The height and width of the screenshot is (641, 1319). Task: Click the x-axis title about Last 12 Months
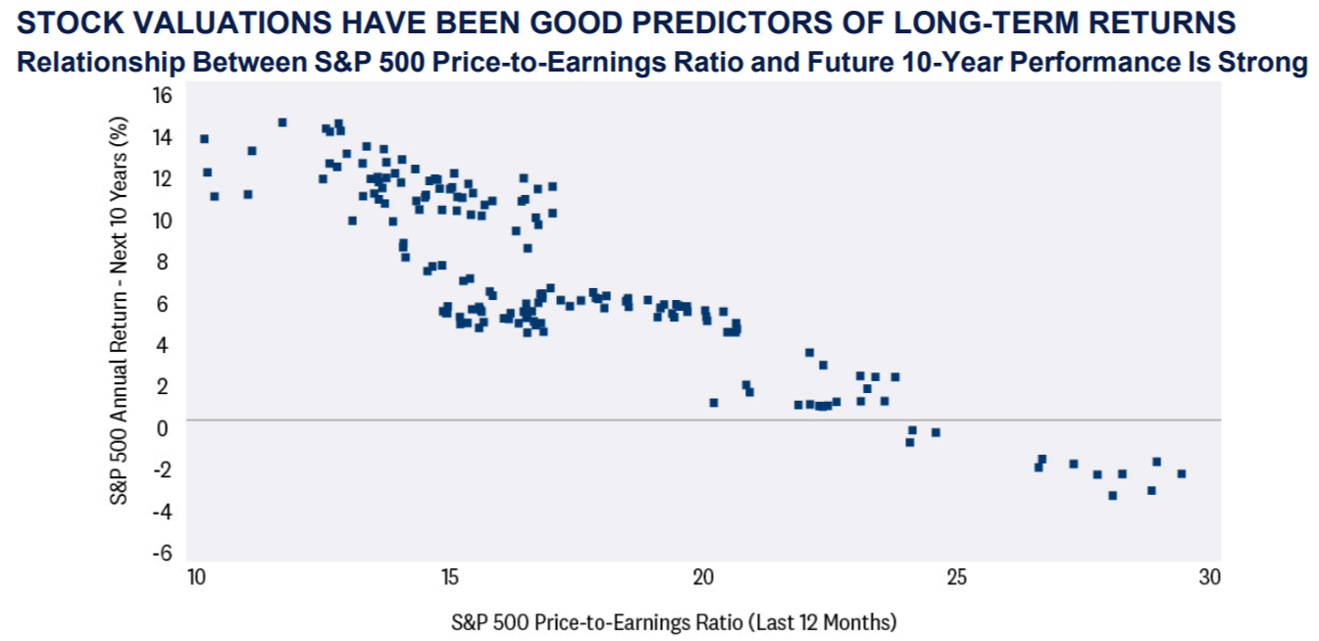(674, 621)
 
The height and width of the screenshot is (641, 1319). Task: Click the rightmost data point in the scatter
(1182, 473)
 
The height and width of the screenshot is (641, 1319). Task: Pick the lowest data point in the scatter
(1112, 495)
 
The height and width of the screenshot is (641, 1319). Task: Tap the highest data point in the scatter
(282, 123)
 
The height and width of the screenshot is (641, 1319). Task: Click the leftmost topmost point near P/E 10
(204, 139)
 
